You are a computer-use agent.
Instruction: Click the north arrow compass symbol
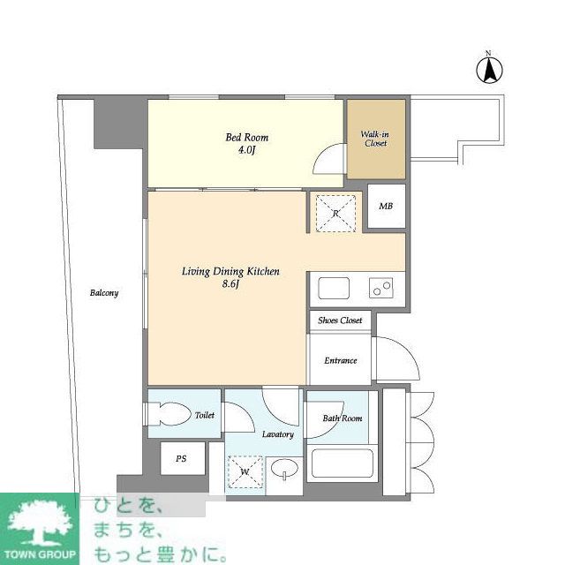point(489,70)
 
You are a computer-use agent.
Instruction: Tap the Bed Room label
point(247,138)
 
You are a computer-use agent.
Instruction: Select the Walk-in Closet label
point(374,139)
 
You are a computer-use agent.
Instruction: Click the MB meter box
point(387,206)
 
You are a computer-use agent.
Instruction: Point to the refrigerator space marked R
point(335,214)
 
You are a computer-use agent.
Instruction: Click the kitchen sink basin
point(334,288)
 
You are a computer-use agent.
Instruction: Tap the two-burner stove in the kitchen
point(380,288)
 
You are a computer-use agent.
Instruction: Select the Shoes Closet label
point(340,320)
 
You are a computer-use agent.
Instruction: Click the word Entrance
point(341,360)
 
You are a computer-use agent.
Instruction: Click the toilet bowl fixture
point(170,414)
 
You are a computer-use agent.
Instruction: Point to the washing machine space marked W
point(245,472)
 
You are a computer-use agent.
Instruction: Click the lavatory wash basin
point(284,470)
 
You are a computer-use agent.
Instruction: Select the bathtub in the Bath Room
point(342,463)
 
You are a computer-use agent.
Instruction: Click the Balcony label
point(104,292)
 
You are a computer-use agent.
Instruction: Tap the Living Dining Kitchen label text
point(230,271)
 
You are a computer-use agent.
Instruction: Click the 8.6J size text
point(230,284)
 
